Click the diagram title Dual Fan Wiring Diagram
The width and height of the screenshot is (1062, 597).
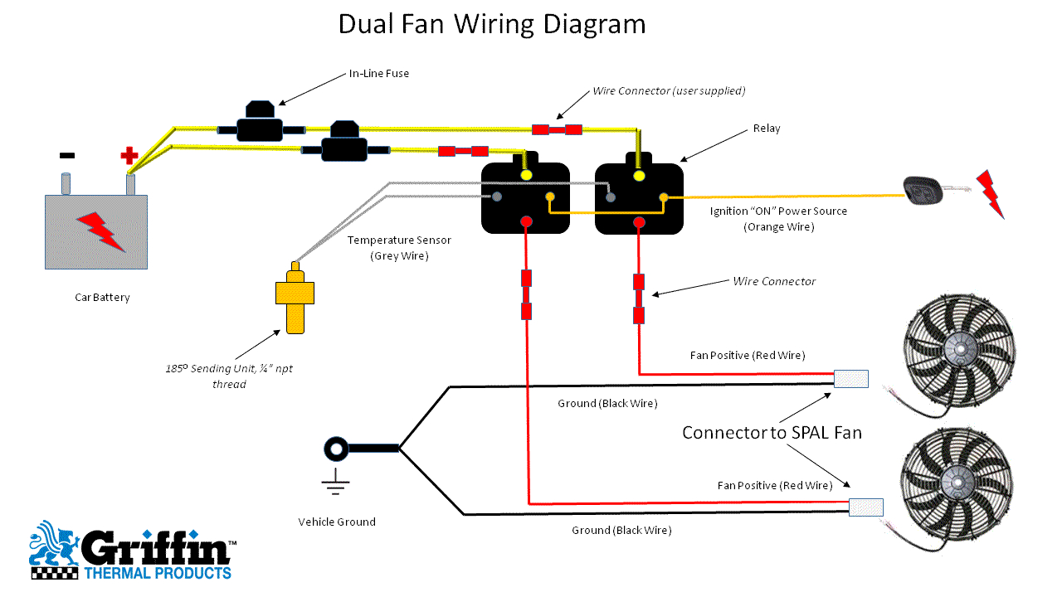pyautogui.click(x=491, y=25)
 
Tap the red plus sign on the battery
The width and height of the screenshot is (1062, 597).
pyautogui.click(x=129, y=155)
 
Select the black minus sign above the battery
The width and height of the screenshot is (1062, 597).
pyautogui.click(x=67, y=155)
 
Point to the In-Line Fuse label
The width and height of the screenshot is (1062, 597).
pyautogui.click(x=378, y=74)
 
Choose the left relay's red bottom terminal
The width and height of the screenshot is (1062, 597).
pyautogui.click(x=525, y=222)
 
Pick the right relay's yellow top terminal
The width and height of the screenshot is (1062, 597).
pyautogui.click(x=638, y=176)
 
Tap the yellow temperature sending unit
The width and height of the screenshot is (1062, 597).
pyautogui.click(x=294, y=298)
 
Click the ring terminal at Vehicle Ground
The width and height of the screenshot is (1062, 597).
pyautogui.click(x=336, y=449)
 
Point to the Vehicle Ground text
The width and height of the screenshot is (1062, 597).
pyautogui.click(x=337, y=522)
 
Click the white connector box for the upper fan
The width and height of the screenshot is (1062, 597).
pyautogui.click(x=850, y=379)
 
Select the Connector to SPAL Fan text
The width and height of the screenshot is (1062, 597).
pyautogui.click(x=772, y=432)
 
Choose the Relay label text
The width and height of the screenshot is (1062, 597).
pyautogui.click(x=767, y=129)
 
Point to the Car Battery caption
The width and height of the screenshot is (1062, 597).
pyautogui.click(x=102, y=298)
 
